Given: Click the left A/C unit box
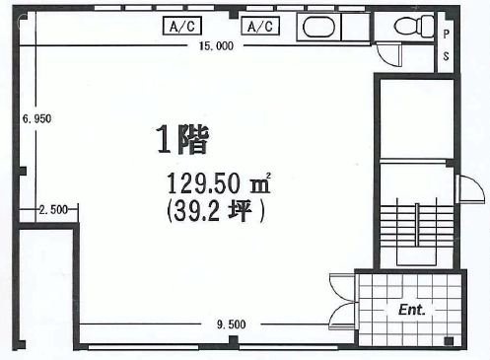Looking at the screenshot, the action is pos(182,26).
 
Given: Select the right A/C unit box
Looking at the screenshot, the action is pos(260,26).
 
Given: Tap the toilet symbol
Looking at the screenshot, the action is pos(414,26).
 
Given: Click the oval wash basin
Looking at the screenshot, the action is pos(318,27).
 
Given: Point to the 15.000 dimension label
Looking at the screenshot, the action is pos(216,46).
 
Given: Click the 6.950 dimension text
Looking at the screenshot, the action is pos(36,118).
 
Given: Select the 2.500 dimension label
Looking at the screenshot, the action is pos(53,209).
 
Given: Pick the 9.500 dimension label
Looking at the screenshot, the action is pos(231,324).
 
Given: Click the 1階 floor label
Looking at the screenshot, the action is pos(182,139).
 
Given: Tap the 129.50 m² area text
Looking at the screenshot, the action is pos(219,183).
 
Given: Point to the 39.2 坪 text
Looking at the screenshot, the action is pos(216,211).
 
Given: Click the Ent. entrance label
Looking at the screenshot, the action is pos(412,310).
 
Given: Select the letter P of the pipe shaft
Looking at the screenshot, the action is pos(446,34).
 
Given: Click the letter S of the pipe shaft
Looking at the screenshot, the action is pos(446,56).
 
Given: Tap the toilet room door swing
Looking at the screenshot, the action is pos(389,55).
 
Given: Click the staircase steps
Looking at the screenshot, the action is pos(417,226).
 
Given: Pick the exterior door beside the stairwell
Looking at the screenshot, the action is pos(470,188).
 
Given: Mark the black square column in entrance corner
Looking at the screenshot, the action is pos(449,341).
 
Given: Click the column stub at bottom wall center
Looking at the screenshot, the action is pos(233,340).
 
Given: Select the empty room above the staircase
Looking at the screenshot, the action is pos(417,119).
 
